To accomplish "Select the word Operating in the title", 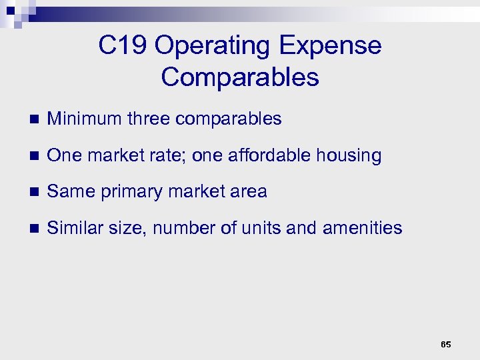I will tap(214, 46).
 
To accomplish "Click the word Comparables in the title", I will tap(240, 77).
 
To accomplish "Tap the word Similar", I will tap(73, 228).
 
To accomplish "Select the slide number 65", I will tap(446, 345).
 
